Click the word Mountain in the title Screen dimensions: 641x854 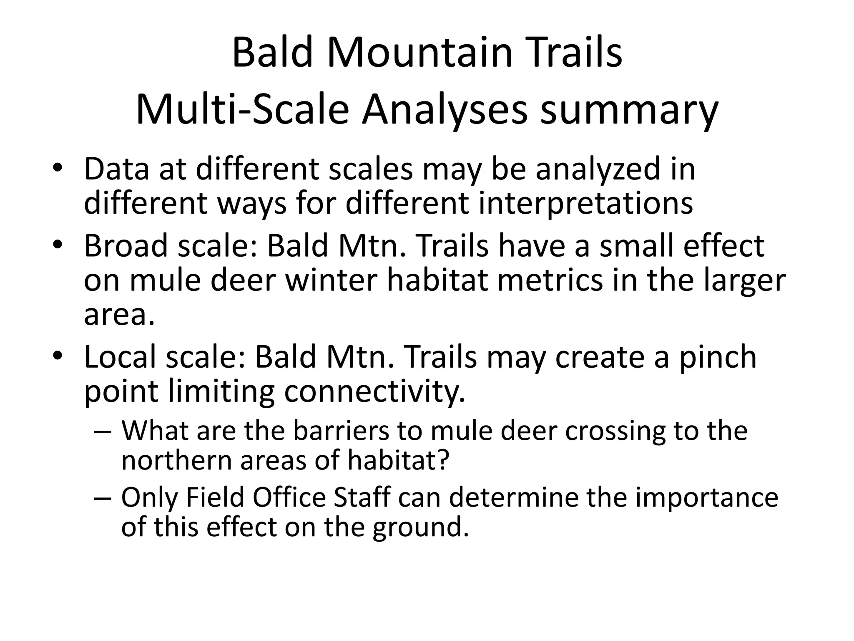click(419, 53)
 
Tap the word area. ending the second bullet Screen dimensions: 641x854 click(119, 314)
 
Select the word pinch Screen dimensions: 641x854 click(718, 357)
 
